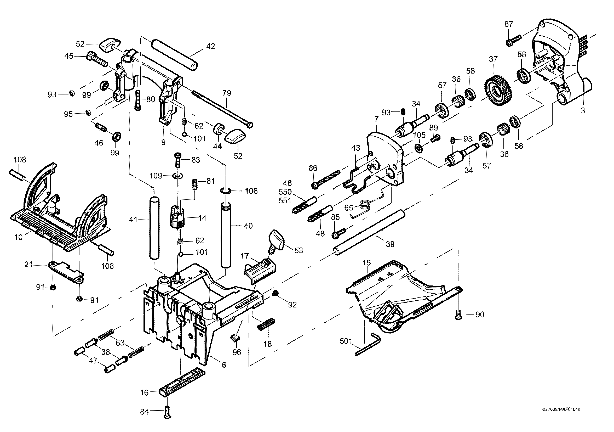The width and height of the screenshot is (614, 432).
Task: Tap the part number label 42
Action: (x=211, y=46)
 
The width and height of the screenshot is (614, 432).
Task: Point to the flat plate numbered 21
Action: (x=66, y=272)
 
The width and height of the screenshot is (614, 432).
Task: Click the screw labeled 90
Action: (x=458, y=315)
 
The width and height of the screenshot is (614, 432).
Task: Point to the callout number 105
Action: (x=419, y=134)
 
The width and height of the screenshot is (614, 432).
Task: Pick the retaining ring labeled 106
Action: (x=225, y=191)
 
